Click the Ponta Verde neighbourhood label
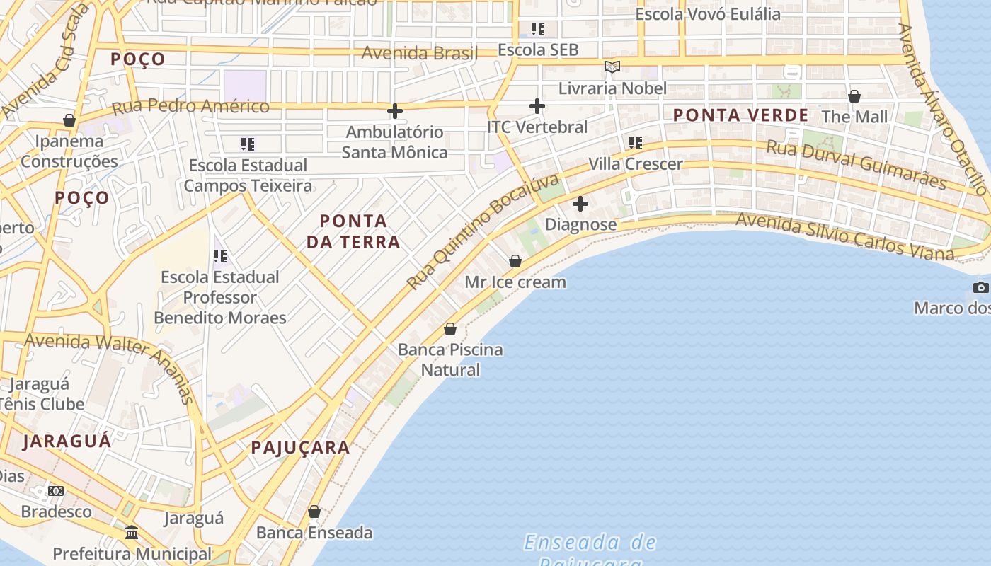point(740,115)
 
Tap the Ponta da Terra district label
point(353,231)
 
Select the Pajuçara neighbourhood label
point(300,447)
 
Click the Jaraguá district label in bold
point(67,441)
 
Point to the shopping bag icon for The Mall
point(854,96)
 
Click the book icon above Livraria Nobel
point(612,67)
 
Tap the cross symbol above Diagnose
point(580,204)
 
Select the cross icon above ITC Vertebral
point(537,106)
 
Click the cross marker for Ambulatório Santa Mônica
point(395,111)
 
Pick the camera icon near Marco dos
point(980,287)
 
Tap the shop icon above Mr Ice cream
point(515,261)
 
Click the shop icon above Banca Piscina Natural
point(450,329)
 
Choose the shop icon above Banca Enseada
point(314,512)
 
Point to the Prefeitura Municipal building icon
point(132,532)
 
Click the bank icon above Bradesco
point(56,490)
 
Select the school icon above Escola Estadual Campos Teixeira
point(248,144)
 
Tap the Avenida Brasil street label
point(420,53)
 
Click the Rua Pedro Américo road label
point(190,106)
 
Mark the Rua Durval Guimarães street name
point(857,165)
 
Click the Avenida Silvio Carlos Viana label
point(845,235)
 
